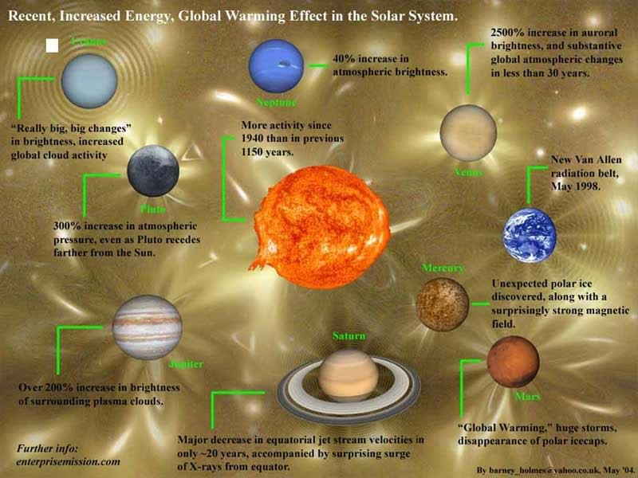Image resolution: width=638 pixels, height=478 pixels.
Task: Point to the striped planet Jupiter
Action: tap(147, 327)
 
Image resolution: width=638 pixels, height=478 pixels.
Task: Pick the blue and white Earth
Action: tap(529, 235)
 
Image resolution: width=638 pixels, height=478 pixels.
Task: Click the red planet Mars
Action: tap(513, 362)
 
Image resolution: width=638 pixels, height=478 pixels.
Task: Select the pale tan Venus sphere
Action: tap(468, 132)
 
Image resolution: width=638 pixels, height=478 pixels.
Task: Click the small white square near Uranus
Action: tap(53, 45)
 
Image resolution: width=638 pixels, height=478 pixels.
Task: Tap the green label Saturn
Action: tap(349, 336)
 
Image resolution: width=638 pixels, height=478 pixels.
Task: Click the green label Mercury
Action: tap(443, 268)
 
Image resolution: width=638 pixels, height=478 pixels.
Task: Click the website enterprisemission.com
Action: tap(68, 461)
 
